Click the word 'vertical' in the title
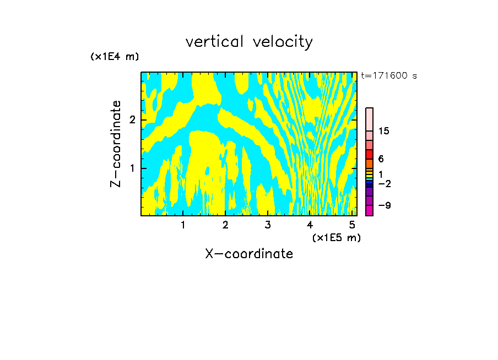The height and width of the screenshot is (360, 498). point(215,42)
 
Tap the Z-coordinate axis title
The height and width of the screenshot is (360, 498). point(116,144)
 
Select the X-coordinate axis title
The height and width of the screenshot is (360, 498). point(249,254)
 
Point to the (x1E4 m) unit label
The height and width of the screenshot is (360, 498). point(115,57)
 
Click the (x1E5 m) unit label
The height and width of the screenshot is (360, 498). point(337,237)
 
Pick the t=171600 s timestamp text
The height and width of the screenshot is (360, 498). point(389,75)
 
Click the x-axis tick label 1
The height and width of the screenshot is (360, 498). point(183,225)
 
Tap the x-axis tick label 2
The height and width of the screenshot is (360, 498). point(225,225)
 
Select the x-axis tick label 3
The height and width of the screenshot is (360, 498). point(268,225)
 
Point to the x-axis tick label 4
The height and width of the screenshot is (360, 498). point(310,225)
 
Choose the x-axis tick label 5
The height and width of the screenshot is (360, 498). point(353,225)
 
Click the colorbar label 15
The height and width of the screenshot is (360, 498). point(384,132)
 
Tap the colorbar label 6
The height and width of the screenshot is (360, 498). point(381,159)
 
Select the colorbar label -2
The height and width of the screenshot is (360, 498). point(384,183)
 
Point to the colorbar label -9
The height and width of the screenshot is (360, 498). point(384,205)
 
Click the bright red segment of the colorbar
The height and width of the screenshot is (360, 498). point(370,154)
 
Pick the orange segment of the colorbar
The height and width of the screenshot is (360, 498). point(370,163)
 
